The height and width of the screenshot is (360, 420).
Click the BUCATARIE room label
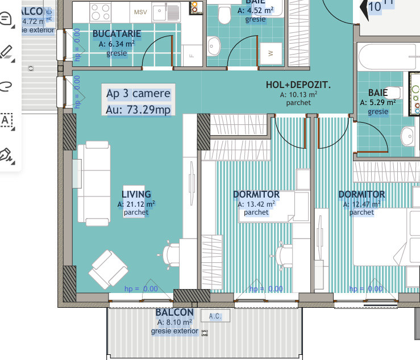click(117, 34)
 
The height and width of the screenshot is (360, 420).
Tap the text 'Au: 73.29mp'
click(138, 109)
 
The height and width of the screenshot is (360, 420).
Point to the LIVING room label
click(136, 194)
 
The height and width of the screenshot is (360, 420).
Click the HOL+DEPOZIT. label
click(298, 85)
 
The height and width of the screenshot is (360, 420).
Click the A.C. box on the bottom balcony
click(215, 316)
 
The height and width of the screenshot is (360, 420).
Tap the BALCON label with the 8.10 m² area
click(174, 313)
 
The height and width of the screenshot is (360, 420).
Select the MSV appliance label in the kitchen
click(140, 12)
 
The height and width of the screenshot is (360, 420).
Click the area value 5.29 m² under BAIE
click(375, 103)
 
